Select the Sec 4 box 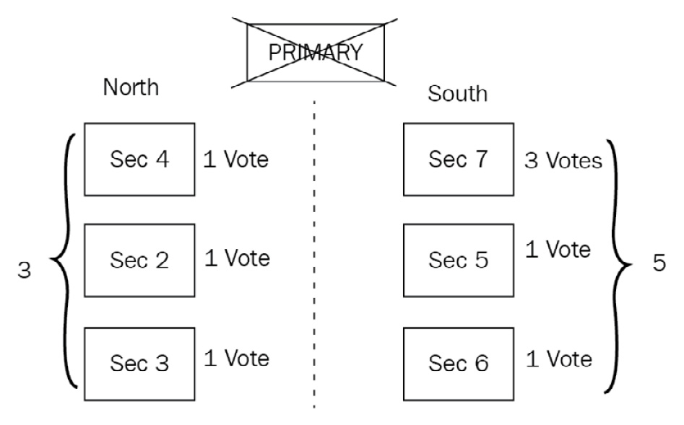click(139, 159)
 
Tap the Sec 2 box click(139, 260)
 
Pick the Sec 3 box click(139, 363)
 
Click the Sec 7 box click(458, 159)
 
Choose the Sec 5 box click(458, 260)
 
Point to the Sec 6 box click(458, 363)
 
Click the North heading click(131, 87)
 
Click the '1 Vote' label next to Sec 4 click(235, 159)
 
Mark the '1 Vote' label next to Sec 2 click(237, 258)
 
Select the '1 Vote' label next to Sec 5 click(558, 250)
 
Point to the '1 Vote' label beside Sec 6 click(559, 358)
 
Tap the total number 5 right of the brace click(659, 263)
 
